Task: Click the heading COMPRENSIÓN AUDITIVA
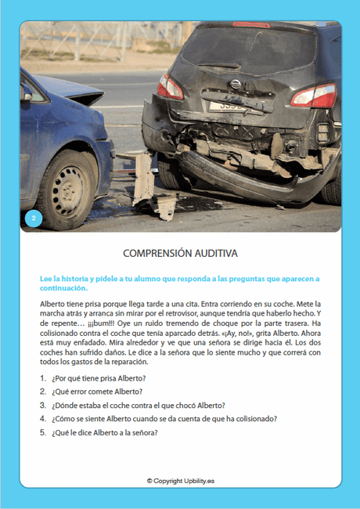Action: click(180, 254)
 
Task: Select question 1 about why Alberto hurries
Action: click(98, 378)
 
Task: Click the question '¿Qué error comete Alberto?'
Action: click(97, 392)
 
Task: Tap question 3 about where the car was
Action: click(138, 405)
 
